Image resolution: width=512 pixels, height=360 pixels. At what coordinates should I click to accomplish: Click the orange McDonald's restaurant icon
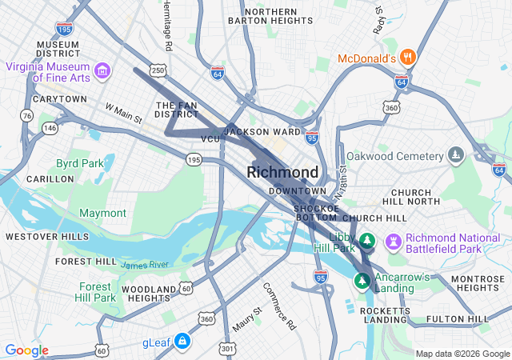408,57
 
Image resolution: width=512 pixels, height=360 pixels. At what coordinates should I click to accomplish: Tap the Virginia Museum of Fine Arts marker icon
102,72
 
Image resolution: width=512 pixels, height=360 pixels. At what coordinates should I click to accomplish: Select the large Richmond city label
282,172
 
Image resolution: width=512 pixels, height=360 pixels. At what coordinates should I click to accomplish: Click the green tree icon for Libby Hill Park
366,240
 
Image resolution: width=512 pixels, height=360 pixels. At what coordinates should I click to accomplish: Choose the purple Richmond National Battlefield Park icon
394,241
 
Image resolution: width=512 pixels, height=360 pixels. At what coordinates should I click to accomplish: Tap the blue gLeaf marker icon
182,342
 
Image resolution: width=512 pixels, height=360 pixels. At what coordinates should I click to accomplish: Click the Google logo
26,350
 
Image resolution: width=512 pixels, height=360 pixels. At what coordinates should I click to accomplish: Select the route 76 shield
27,116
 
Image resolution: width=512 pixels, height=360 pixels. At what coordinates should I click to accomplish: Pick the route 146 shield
50,127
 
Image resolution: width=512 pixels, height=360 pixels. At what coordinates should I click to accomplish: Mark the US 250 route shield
158,71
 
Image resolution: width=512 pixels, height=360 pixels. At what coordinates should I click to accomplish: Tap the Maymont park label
102,213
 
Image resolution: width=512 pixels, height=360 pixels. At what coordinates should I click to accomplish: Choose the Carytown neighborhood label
59,98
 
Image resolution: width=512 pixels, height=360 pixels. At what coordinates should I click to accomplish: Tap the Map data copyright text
461,354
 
